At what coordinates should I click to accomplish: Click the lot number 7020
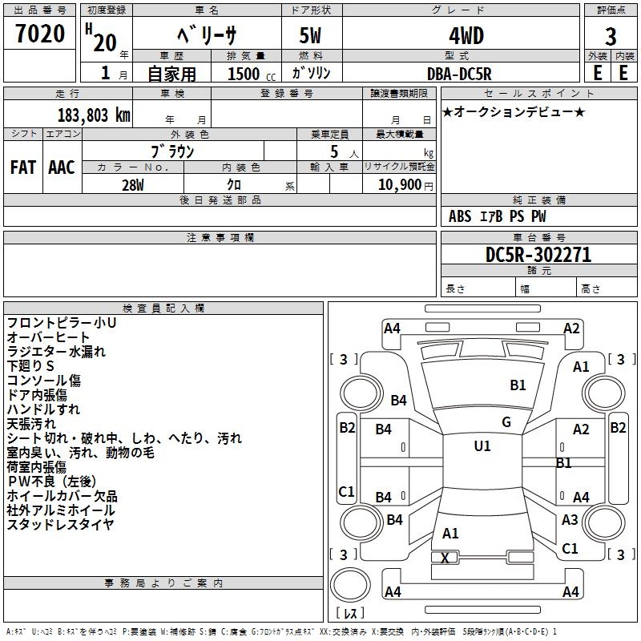pos(39,34)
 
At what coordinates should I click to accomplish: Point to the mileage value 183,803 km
pos(93,115)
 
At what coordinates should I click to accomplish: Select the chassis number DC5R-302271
pos(538,255)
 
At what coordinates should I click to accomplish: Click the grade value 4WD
pos(460,36)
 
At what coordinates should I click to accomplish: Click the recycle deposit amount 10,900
pos(399,184)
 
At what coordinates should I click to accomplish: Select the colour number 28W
pos(132,184)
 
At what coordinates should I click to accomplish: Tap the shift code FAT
pos(22,167)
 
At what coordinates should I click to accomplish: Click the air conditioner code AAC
pos(61,167)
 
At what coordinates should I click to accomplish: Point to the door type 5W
pos(312,36)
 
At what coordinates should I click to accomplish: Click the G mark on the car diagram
pos(506,422)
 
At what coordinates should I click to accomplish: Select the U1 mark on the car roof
pos(482,446)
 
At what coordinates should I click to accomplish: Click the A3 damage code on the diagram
pos(570,520)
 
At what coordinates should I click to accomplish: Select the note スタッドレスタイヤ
pos(60,525)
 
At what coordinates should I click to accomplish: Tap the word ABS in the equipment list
pos(460,216)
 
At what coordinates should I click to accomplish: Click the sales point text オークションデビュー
pos(514,111)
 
